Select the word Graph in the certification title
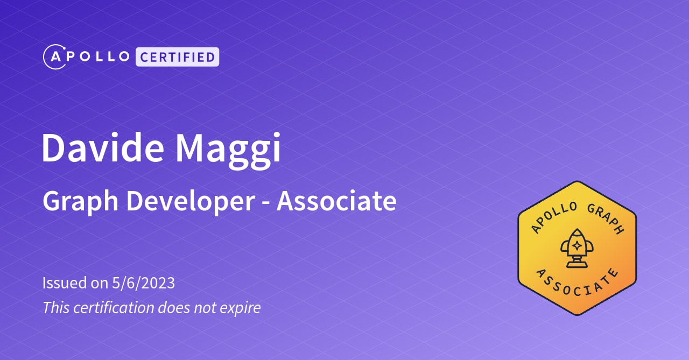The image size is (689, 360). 81,201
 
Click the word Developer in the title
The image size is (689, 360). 191,201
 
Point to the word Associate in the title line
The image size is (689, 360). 336,201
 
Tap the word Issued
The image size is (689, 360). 64,283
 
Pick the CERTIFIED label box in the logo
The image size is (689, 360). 177,57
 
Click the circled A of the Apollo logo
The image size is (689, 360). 54,57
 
